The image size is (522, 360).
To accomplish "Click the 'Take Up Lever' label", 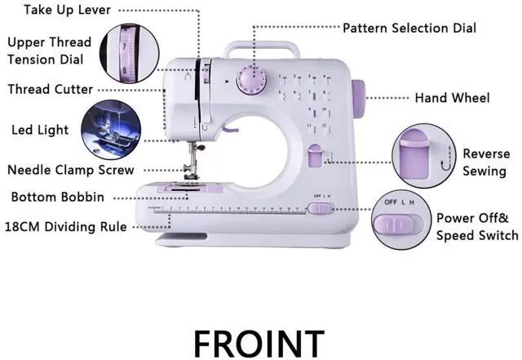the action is point(68,10).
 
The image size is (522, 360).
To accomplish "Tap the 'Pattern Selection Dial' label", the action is point(409,28).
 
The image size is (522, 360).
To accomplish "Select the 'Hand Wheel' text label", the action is point(452,98).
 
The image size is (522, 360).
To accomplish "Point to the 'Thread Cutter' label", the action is point(51,89).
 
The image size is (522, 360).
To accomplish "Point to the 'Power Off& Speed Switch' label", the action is point(477,226).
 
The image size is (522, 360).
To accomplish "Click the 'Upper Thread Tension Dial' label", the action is point(49,51).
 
